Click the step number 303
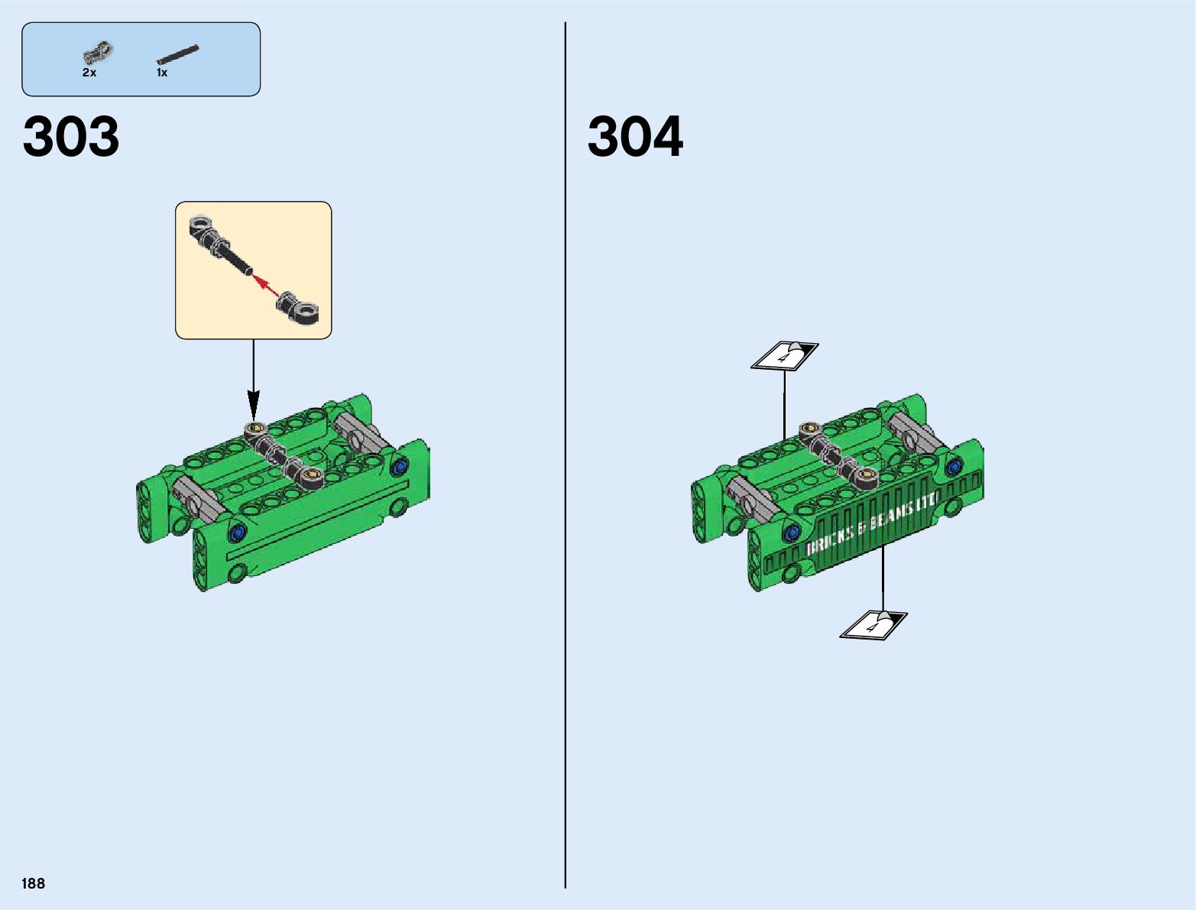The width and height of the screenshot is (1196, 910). [71, 136]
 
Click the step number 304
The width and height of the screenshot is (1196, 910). [635, 136]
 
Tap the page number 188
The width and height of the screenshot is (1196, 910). [33, 883]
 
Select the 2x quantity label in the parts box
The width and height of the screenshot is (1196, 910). [89, 73]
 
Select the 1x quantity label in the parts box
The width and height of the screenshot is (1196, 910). [162, 73]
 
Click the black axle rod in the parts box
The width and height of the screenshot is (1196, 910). [177, 55]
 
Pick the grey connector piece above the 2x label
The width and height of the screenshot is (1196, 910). [98, 53]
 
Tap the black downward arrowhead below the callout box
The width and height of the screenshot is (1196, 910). [254, 405]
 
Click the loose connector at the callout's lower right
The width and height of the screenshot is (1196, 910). [299, 309]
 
